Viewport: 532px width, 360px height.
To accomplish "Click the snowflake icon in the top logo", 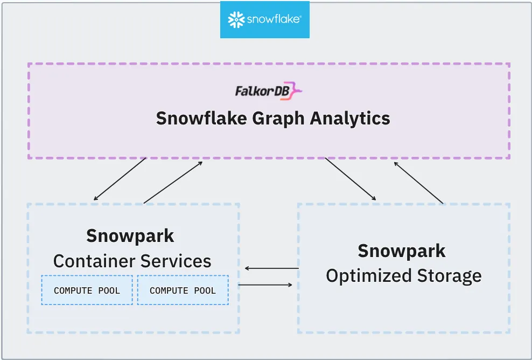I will [x=236, y=20].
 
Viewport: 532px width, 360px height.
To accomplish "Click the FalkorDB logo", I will [x=268, y=91].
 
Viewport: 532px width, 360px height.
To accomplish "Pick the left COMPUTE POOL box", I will [x=87, y=290].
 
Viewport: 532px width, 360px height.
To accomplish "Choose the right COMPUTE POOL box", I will [x=183, y=290].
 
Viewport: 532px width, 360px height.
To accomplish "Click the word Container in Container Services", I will [x=94, y=261].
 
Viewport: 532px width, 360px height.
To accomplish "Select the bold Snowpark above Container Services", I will [x=130, y=236].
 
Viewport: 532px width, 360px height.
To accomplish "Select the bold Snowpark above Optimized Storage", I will [x=402, y=251].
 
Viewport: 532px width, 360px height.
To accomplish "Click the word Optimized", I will [x=362, y=276].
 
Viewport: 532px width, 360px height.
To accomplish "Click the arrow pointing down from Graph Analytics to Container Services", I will [x=120, y=179].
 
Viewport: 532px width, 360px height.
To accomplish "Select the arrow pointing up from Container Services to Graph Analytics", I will [x=173, y=182].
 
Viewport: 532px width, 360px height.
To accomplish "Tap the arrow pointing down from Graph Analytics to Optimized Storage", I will [x=351, y=179].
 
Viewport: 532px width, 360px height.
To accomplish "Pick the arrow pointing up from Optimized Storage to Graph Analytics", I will [x=419, y=182].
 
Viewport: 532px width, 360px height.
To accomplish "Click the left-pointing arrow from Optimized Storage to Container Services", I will [x=271, y=268].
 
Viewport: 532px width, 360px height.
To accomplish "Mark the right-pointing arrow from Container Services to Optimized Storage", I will [x=265, y=285].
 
